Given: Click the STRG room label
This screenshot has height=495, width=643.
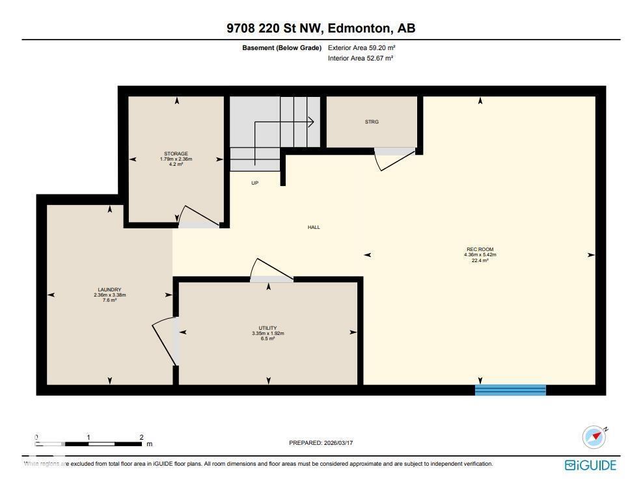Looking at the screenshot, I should coord(372,122).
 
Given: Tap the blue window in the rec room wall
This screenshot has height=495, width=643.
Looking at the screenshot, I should coord(510,390).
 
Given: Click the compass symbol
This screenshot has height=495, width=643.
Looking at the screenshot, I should coord(594,436).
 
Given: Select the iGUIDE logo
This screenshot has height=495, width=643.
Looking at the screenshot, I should coord(590,465).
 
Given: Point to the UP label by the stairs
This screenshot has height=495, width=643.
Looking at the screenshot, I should coord(255,183).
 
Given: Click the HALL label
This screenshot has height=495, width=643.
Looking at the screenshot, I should coord(314,227).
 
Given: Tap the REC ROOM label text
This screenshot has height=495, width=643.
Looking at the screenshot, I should coord(480,249).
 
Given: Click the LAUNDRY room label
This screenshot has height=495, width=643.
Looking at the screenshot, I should coord(109,290).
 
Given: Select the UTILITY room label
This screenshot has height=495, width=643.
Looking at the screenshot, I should coord(268,328).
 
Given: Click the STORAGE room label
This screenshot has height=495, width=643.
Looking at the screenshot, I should coord(176,154).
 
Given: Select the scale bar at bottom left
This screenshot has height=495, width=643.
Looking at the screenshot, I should coord(89,444).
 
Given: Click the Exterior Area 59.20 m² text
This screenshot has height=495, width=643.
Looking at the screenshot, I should coord(361,47).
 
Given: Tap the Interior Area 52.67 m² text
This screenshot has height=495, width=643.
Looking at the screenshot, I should coord(361,59).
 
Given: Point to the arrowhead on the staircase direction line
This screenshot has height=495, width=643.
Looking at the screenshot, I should coord(312,122).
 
